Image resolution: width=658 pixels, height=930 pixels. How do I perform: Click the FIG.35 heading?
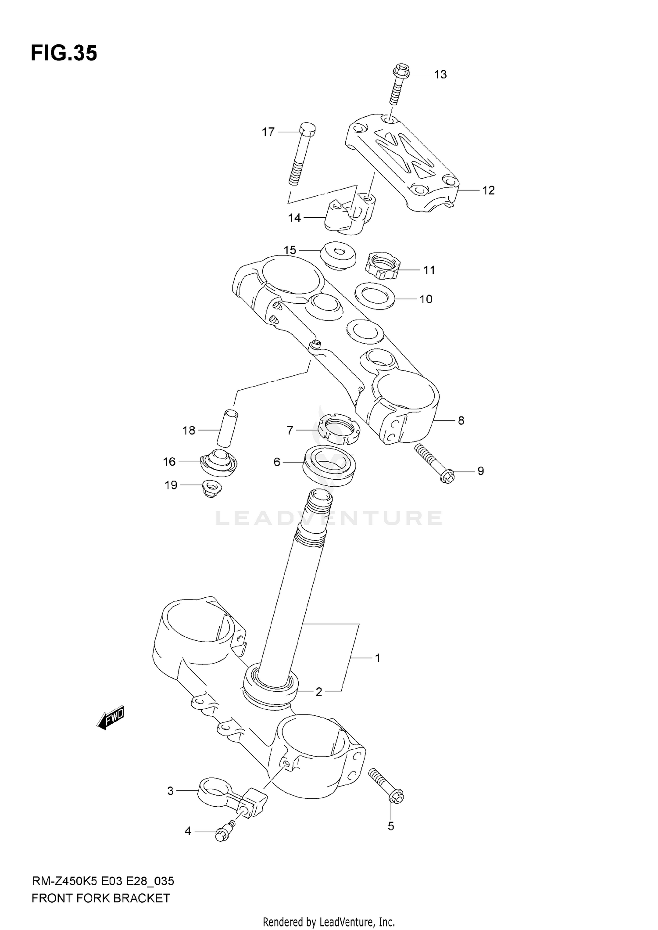pyautogui.click(x=64, y=54)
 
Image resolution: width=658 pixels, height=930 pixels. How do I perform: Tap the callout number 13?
pyautogui.click(x=440, y=75)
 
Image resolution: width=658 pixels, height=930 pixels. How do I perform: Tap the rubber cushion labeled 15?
pyautogui.click(x=337, y=255)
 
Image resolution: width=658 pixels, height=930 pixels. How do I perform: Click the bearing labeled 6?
pyautogui.click(x=329, y=466)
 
